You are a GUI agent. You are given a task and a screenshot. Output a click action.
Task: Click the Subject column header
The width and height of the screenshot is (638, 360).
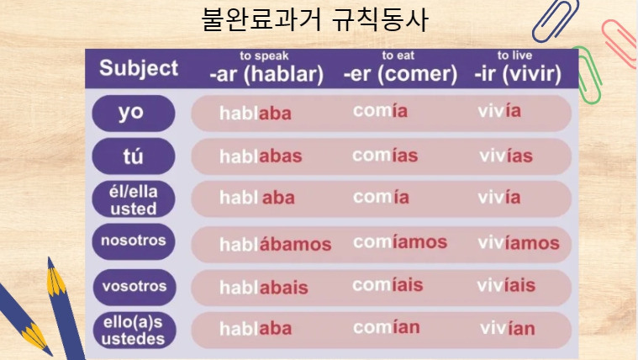[139, 69]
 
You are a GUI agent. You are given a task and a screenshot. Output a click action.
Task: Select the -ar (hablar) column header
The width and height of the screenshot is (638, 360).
[266, 74]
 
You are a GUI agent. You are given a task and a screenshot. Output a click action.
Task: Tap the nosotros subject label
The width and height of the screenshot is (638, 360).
[133, 241]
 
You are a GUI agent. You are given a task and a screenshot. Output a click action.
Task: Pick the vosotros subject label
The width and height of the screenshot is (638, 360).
[133, 285]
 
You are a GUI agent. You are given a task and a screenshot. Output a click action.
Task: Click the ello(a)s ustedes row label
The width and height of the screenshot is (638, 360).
[133, 331]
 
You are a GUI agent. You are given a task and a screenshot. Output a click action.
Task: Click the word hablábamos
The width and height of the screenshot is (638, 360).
[275, 245]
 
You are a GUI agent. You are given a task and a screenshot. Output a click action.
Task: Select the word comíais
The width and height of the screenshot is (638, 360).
[388, 285]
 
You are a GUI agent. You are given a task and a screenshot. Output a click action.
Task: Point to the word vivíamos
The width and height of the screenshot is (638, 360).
[518, 243]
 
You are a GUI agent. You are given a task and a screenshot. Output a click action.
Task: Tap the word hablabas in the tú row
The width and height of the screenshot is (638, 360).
[261, 156]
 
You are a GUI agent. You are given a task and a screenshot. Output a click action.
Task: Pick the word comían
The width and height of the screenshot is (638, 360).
[386, 327]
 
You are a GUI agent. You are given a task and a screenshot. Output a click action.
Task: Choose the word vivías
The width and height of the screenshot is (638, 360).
[506, 156]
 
